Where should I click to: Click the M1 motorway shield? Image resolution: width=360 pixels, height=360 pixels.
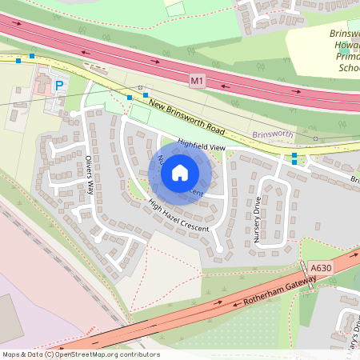coord(198,81)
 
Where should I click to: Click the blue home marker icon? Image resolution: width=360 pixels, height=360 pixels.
coord(180,172)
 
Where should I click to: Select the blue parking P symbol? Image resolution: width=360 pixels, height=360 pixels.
coord(58,85)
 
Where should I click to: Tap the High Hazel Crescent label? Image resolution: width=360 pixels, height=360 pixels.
coord(178,216)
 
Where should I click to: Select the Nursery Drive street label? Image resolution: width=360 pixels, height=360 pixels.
coord(258,219)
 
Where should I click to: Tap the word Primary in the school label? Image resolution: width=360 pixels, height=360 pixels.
coord(346,57)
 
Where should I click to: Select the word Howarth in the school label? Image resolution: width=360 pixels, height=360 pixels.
coord(346,46)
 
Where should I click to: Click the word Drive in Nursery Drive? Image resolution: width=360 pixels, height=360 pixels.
coord(258,210)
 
